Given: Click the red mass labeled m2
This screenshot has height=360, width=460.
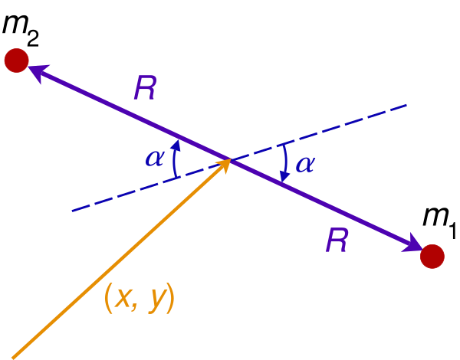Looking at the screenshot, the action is click(16, 61).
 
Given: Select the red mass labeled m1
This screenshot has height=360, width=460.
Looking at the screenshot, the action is click(432, 257).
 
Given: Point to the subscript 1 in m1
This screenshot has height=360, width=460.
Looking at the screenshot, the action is click(452, 231).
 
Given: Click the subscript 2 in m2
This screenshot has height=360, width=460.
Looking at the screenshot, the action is click(33, 38).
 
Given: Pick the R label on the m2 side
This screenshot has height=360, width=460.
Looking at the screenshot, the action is click(145, 88).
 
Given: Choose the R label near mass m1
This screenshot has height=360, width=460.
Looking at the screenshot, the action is click(337, 240).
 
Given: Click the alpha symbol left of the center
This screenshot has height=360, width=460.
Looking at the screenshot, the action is click(155, 159).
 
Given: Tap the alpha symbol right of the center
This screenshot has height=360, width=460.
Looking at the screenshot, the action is click(306, 164).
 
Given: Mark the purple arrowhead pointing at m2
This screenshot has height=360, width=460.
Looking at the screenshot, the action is click(38, 72).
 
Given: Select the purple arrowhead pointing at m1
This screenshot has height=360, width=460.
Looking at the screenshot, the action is click(412, 244).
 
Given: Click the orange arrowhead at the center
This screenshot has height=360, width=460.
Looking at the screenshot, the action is click(225, 165).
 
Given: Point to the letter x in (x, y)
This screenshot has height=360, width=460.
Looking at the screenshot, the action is click(123, 299).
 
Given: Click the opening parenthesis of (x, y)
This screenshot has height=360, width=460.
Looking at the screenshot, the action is click(109, 298).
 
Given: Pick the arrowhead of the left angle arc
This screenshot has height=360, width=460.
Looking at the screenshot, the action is click(176, 145).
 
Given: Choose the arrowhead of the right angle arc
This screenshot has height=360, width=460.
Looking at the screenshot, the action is click(284, 177).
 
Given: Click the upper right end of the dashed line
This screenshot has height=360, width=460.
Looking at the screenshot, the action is click(406, 105).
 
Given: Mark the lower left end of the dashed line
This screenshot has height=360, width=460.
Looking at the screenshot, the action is click(72, 211).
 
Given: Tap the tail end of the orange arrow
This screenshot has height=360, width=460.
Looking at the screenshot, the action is click(12, 358).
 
